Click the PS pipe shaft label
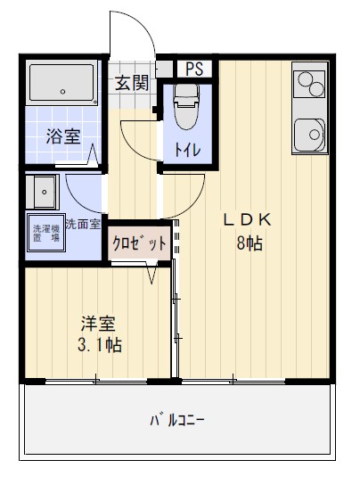click(x=194, y=69)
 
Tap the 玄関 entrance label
click(x=132, y=83)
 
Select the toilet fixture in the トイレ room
click(x=186, y=107)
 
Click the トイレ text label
click(x=187, y=150)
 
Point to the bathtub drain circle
click(x=62, y=92)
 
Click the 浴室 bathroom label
click(x=63, y=136)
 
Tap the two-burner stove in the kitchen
click(x=310, y=84)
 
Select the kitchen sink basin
click(x=310, y=136)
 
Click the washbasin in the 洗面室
click(x=44, y=192)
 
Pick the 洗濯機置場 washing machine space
click(x=46, y=233)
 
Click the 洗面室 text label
click(x=83, y=225)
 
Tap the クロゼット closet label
click(x=140, y=243)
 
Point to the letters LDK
click(x=248, y=220)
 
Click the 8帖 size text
click(x=250, y=243)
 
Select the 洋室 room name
click(x=98, y=323)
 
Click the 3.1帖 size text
click(x=100, y=345)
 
